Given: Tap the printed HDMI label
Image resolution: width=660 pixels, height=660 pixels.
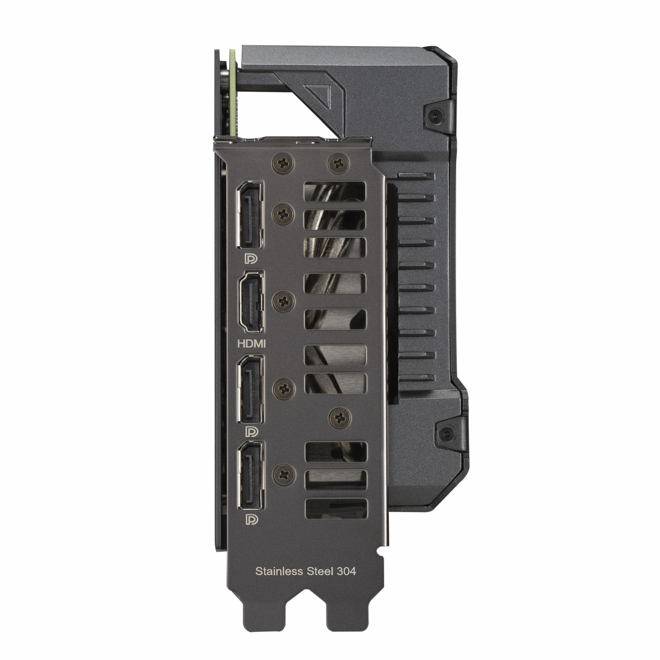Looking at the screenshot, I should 252,344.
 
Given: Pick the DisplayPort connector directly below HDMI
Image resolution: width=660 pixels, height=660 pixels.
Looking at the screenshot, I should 251,389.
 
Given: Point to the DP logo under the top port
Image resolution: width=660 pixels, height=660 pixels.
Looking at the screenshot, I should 251,259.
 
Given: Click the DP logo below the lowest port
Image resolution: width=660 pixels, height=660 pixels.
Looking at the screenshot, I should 251,519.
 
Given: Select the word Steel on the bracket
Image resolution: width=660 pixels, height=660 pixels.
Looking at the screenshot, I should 320,572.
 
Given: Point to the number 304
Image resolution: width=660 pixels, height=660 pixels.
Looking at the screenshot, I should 346,572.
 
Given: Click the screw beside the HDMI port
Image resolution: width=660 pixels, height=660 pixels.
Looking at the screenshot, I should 284,301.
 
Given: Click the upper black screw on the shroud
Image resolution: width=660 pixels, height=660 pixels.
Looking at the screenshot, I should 436,116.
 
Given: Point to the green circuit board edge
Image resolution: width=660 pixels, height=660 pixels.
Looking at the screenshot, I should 232,88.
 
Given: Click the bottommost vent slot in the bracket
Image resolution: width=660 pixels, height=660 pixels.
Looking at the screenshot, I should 335,508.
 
